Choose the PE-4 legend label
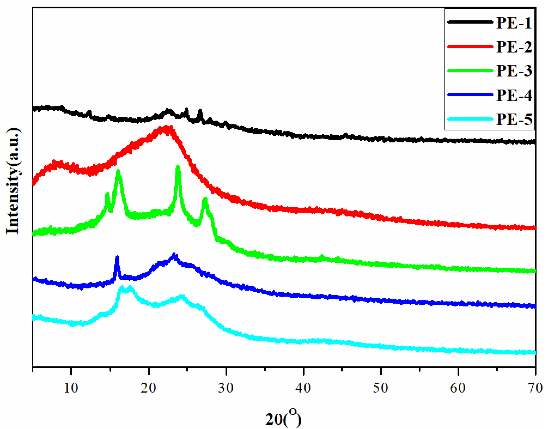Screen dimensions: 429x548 click(x=514, y=95)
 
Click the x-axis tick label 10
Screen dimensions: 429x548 click(x=71, y=388)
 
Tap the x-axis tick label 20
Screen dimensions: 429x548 click(x=148, y=388)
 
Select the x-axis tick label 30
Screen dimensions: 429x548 click(x=226, y=388)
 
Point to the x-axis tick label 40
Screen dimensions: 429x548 click(x=303, y=388)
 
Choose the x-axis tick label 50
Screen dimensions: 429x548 click(x=381, y=388)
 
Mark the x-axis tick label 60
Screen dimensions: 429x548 click(x=458, y=388)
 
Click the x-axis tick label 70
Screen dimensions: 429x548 click(x=535, y=388)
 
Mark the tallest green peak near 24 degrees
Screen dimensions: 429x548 click(x=178, y=167)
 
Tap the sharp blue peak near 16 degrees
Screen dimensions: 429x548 click(x=117, y=258)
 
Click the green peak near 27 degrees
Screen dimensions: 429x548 click(x=205, y=200)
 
